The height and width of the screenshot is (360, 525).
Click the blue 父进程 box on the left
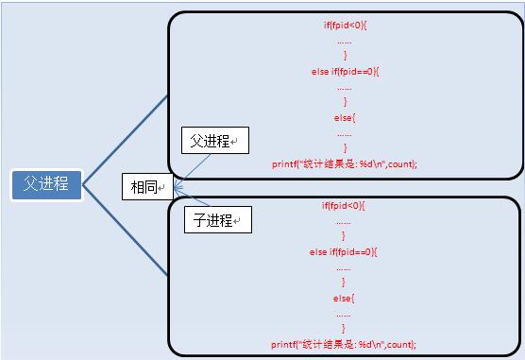(x=46, y=183)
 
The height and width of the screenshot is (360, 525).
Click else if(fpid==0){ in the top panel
(x=345, y=71)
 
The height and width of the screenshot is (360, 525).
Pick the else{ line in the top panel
(x=345, y=117)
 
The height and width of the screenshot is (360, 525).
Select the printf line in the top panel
(x=345, y=163)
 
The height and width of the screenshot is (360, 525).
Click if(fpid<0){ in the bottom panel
(x=345, y=206)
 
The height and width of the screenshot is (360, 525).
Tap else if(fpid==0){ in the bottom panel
(x=345, y=252)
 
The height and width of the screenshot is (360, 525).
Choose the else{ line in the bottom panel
(x=345, y=298)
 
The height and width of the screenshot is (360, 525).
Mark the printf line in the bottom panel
(x=345, y=344)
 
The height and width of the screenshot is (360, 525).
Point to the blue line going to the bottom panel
(x=126, y=231)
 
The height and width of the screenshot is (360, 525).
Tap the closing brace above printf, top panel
(x=345, y=148)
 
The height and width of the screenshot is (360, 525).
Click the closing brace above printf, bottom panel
(x=345, y=329)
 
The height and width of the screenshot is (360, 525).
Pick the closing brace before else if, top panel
(x=345, y=57)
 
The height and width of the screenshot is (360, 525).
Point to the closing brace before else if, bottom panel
(x=345, y=237)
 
